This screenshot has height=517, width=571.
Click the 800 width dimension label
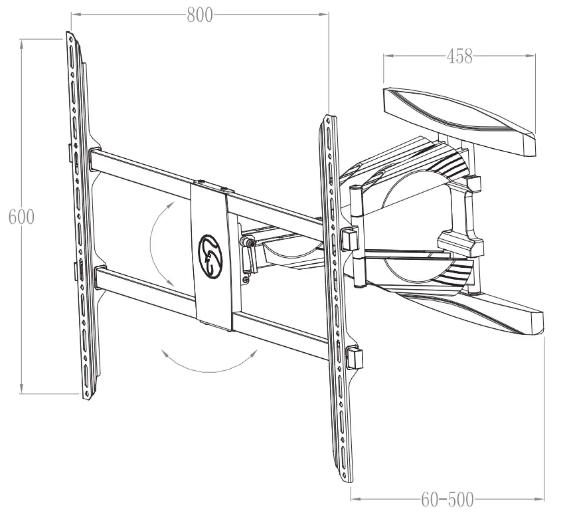coord(199,15)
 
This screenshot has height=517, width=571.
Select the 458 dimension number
coord(459,56)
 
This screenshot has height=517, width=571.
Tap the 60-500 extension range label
coord(448,498)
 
